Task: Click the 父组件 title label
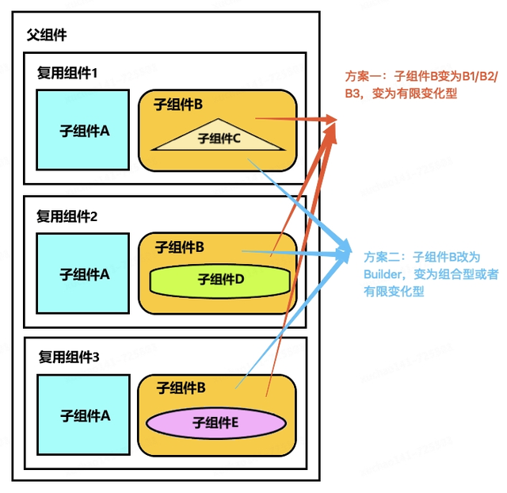coord(48,36)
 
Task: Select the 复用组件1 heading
coord(67,73)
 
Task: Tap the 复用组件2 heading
coord(67,216)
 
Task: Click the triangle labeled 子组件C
coord(219,136)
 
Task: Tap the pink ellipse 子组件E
coord(215,422)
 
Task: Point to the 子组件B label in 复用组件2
coord(180,246)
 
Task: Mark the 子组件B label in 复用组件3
coord(181,388)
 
